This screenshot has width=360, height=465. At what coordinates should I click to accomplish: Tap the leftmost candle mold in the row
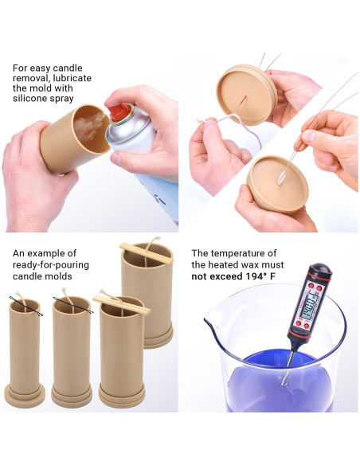[25, 350]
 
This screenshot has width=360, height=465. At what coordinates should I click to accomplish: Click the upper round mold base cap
[246, 94]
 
